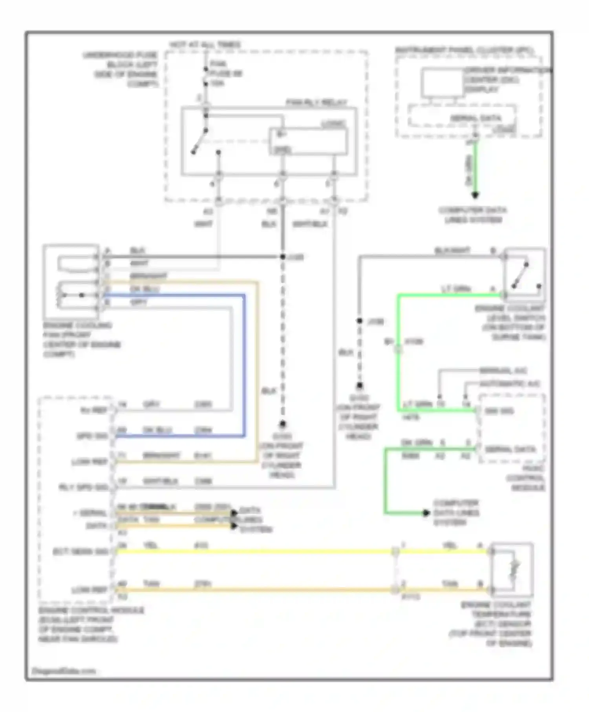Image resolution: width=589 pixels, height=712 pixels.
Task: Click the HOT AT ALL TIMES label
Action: (205, 45)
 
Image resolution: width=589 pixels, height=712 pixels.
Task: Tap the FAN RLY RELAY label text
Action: (316, 103)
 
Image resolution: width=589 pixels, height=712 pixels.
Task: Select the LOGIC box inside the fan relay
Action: (308, 142)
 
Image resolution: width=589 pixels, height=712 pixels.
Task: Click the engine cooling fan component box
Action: (71, 281)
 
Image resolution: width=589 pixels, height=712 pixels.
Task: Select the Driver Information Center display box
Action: (443, 82)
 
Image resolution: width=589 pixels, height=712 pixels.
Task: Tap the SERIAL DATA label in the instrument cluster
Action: (476, 118)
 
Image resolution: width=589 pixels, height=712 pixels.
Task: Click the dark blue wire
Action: (244, 365)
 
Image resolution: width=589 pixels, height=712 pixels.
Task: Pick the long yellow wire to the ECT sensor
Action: (255, 551)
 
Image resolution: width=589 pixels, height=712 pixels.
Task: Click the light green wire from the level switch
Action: (398, 353)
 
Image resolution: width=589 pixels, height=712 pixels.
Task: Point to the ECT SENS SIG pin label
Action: (80, 552)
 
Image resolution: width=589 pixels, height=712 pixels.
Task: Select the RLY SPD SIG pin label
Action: (83, 487)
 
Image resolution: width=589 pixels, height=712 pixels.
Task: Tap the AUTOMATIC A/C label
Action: (510, 383)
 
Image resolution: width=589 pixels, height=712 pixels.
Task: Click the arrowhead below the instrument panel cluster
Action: (475, 195)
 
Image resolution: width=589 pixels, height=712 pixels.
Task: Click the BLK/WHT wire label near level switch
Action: (452, 250)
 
